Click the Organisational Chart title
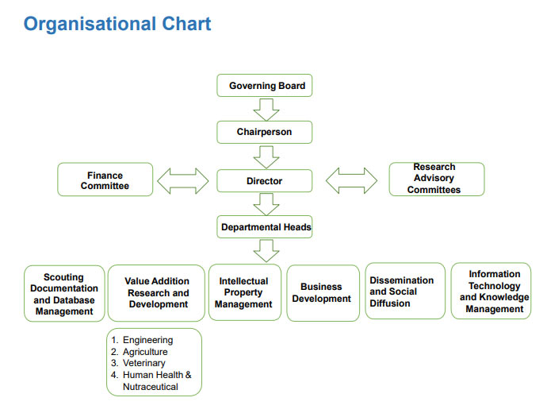[117, 24]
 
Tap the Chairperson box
[265, 132]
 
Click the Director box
[265, 180]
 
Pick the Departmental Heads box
[265, 227]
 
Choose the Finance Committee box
[105, 180]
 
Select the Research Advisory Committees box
[435, 179]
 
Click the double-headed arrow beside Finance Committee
[182, 180]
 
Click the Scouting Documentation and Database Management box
[64, 294]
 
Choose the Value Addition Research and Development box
[156, 293]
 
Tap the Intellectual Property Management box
[244, 292]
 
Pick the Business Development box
[322, 293]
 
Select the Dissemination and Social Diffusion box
[404, 291]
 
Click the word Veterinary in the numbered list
[143, 363]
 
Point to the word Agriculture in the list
[145, 352]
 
